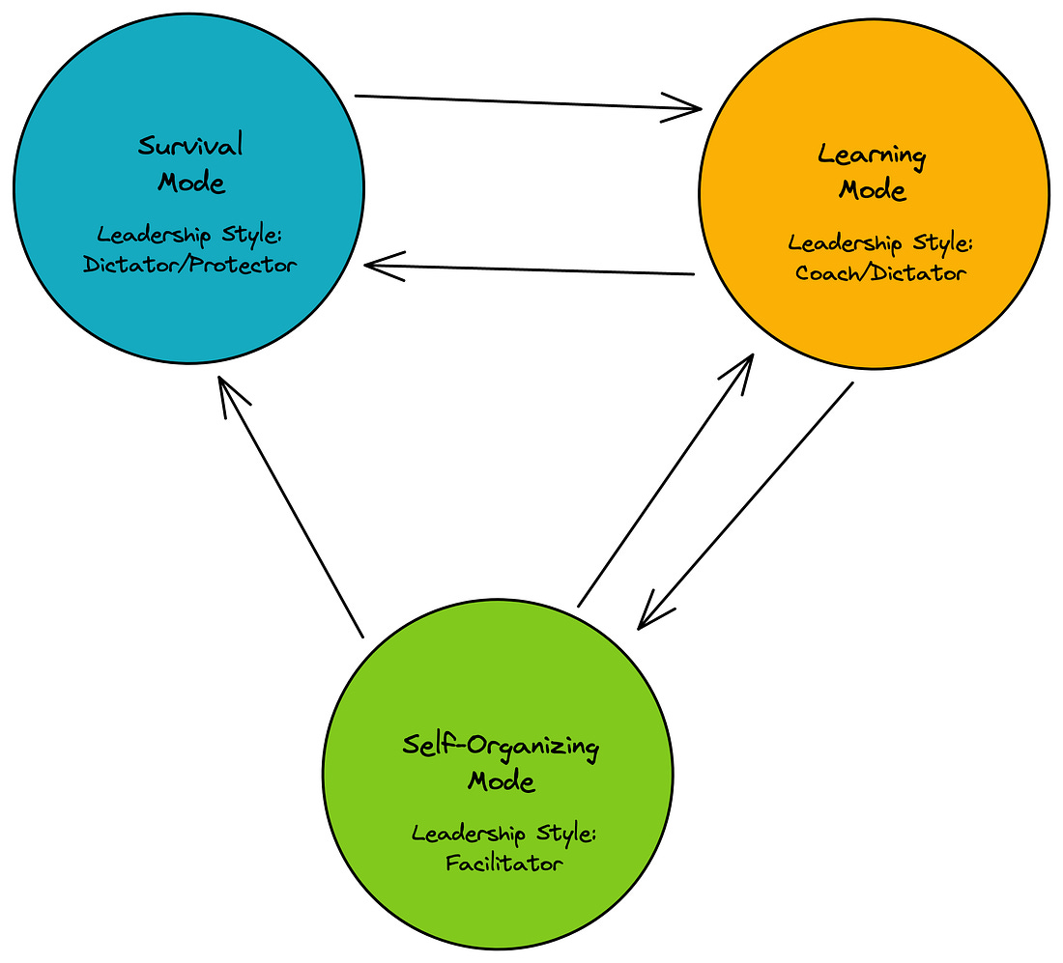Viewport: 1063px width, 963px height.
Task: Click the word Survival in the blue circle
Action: click(190, 145)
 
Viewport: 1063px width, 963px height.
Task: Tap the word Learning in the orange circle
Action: click(872, 155)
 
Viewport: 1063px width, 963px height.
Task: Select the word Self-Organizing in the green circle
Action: click(501, 747)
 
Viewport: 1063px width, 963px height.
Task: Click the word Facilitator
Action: click(503, 863)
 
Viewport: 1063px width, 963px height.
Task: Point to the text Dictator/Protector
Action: click(189, 264)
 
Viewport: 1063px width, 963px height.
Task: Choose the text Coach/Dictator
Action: click(880, 272)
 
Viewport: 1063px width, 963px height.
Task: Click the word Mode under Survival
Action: click(191, 183)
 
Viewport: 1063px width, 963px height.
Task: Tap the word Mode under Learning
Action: click(873, 189)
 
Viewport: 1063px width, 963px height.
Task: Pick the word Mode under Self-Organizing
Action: click(502, 781)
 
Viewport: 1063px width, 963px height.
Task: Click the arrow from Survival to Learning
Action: click(528, 102)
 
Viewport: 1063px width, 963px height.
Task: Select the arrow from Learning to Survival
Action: click(530, 269)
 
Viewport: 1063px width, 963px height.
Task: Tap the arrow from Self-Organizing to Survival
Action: click(291, 507)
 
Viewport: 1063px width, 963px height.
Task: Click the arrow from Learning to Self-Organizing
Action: click(745, 506)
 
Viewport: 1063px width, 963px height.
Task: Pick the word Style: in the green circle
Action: click(566, 834)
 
